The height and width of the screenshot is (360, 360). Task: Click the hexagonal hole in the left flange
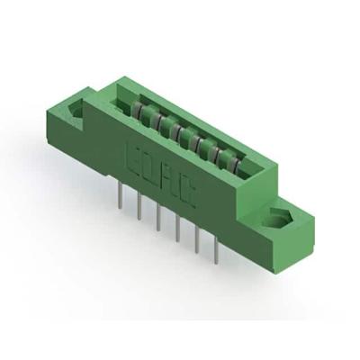pos(76,111)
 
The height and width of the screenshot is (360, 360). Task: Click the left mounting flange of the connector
pos(76,117)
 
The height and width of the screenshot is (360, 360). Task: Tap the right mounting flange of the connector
pos(274,225)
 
